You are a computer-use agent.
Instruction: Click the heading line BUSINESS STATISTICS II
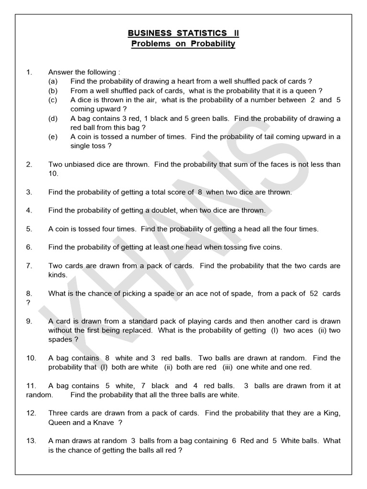pos(183,33)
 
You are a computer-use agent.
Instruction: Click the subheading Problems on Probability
pos(183,44)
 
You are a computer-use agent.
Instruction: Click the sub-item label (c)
pos(53,100)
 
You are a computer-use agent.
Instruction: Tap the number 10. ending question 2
pos(53,173)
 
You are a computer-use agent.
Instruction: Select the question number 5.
pos(29,229)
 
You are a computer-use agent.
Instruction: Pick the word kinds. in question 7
pos(58,275)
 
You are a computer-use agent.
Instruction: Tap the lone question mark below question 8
pos(28,302)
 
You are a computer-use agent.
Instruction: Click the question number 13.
pos(31,441)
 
